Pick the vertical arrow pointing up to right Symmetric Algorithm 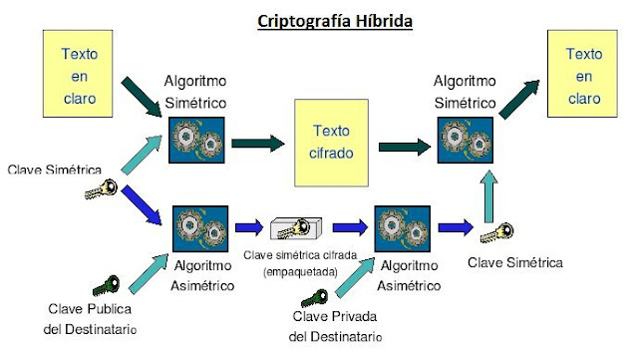click(488, 191)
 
